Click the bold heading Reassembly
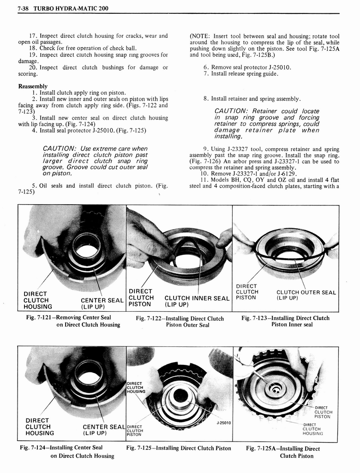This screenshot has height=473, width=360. coord(33,86)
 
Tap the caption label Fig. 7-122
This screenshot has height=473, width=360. coord(150,319)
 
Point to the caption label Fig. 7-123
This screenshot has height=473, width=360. coord(255,318)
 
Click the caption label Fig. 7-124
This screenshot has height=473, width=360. coord(36,448)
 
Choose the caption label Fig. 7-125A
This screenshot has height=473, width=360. coord(261,449)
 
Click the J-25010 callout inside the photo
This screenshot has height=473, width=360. coord(223,422)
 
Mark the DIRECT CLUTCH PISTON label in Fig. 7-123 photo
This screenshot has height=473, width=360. coord(247,292)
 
